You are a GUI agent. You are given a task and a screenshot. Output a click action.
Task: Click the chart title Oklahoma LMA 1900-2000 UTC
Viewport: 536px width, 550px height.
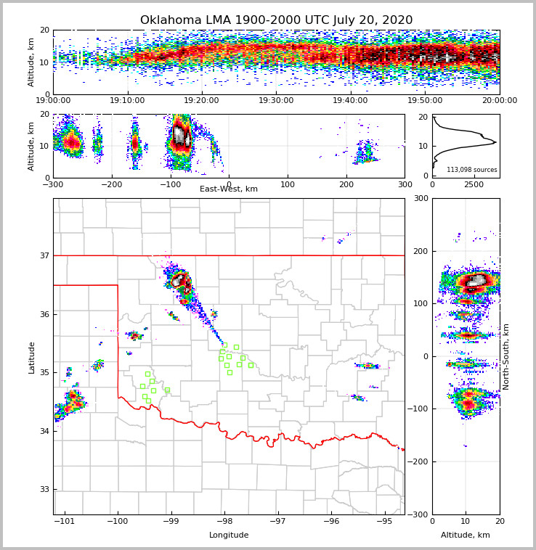[276, 20]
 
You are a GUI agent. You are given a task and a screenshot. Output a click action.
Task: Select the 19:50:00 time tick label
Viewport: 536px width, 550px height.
[425, 101]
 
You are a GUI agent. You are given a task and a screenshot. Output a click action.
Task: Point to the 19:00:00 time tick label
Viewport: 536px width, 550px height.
[53, 101]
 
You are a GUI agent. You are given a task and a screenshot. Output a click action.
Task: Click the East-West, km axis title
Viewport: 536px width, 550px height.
[229, 189]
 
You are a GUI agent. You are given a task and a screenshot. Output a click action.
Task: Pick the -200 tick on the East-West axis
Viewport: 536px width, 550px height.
[111, 184]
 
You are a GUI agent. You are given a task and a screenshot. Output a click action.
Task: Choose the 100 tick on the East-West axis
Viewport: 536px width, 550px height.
[288, 184]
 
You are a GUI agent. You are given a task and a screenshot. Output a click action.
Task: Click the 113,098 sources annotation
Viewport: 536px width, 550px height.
[472, 170]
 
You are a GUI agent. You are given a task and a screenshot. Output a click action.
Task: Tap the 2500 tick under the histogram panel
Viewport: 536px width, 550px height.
[473, 184]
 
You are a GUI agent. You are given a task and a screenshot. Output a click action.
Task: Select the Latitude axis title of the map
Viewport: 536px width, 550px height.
[31, 357]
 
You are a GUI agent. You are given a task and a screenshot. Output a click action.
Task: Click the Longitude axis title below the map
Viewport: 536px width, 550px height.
[229, 535]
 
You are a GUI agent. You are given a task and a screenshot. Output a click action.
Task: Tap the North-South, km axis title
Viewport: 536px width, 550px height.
[506, 357]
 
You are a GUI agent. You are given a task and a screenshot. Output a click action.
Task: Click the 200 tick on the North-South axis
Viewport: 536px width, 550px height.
[421, 251]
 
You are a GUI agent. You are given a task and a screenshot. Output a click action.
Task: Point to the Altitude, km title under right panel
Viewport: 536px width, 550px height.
[466, 535]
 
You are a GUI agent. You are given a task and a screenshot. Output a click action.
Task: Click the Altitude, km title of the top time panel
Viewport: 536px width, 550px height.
[31, 62]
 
